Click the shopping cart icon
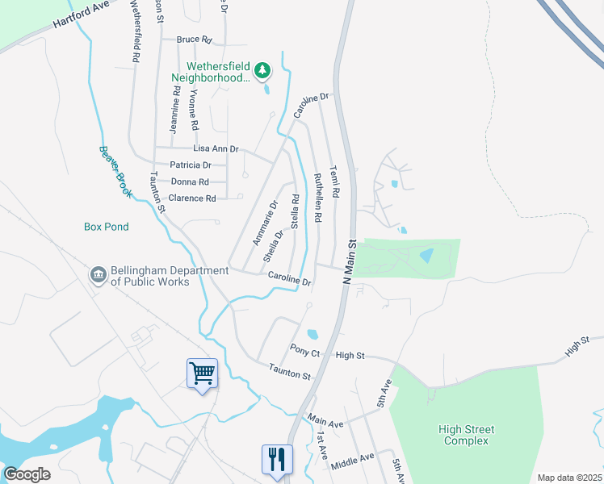pyautogui.click(x=202, y=373)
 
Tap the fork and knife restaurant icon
pyautogui.click(x=276, y=460)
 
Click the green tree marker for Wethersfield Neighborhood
pyautogui.click(x=262, y=71)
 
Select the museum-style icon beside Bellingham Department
pyautogui.click(x=99, y=275)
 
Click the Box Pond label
pyautogui.click(x=107, y=227)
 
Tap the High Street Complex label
pyautogui.click(x=468, y=435)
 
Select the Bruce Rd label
pyautogui.click(x=194, y=39)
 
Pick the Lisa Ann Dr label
pyautogui.click(x=216, y=149)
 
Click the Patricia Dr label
pyautogui.click(x=191, y=165)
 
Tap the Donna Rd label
pyautogui.click(x=191, y=181)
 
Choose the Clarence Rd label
pyautogui.click(x=192, y=198)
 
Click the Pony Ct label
pyautogui.click(x=305, y=352)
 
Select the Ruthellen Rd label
pyautogui.click(x=317, y=197)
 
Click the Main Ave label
pyautogui.click(x=325, y=421)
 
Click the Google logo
pyautogui.click(x=27, y=474)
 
